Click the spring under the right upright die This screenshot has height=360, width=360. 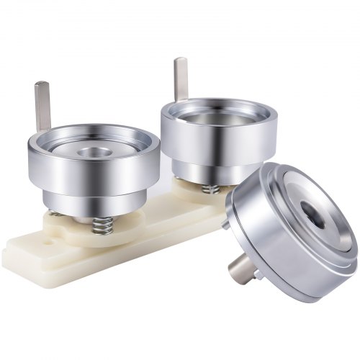[x=210, y=189]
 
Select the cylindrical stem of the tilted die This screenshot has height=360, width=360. [x=242, y=271]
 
